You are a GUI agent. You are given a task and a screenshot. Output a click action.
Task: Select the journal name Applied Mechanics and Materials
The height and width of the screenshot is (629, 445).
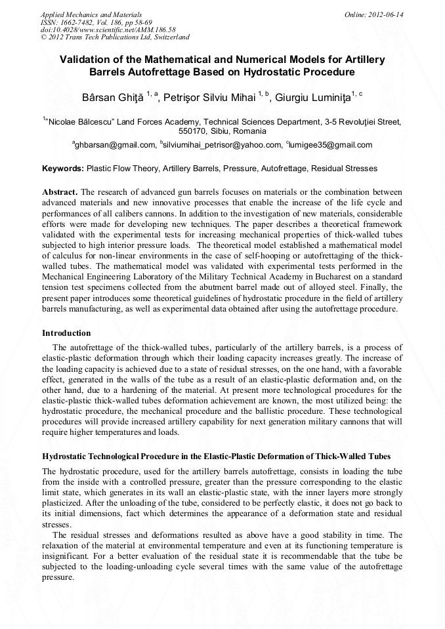tap(91, 14)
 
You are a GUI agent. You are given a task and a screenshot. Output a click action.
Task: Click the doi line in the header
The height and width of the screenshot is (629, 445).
tap(108, 30)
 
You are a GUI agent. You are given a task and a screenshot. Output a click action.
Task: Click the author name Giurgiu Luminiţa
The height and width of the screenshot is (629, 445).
tap(312, 97)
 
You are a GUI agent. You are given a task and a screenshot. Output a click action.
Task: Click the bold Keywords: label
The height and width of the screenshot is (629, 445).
tap(63, 169)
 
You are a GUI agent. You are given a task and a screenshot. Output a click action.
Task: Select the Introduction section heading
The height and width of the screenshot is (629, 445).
tap(66, 333)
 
